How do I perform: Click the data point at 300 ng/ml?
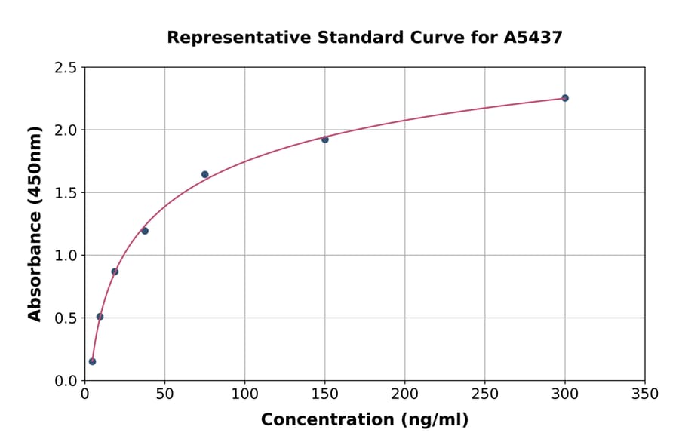[564, 98]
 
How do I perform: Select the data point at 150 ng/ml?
[325, 140]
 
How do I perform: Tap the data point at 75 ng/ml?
[204, 174]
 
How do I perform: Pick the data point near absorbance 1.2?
[145, 231]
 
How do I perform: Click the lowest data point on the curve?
[92, 361]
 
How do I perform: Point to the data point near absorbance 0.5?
[100, 317]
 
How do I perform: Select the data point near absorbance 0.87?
[115, 272]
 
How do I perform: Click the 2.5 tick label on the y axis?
[66, 68]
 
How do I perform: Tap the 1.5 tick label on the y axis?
[66, 193]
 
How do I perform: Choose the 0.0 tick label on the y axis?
[66, 381]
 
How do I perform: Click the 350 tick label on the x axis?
[644, 394]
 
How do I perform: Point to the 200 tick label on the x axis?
[404, 394]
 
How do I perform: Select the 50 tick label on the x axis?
[164, 394]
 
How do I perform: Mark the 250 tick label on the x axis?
[484, 394]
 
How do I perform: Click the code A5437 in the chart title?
[533, 37]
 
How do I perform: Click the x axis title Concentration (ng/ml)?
[364, 420]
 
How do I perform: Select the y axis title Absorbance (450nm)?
[35, 223]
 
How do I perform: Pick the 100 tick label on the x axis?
[244, 394]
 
